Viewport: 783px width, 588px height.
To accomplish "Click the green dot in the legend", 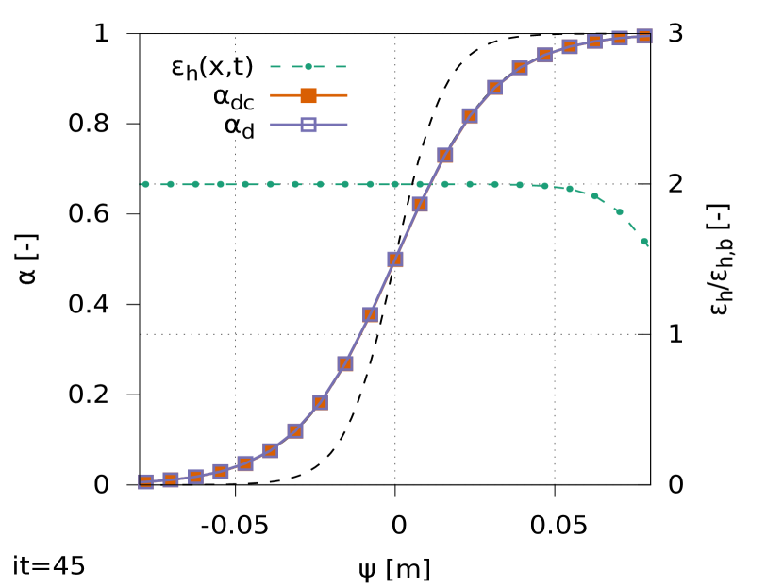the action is point(308,67).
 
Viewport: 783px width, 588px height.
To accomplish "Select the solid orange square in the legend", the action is point(308,95).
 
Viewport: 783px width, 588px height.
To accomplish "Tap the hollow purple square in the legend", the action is point(308,125).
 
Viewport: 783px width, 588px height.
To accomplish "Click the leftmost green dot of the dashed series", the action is point(145,184).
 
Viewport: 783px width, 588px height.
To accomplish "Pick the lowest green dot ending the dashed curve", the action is point(644,242).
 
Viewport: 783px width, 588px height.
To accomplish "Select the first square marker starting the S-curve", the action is point(145,481).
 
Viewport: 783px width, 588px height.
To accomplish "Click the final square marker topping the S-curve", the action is point(644,37).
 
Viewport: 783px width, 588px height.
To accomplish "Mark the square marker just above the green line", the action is point(445,155).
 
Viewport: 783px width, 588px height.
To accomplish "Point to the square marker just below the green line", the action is point(420,204).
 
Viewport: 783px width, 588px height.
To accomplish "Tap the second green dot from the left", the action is point(171,184).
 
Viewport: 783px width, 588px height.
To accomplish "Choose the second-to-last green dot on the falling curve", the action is point(620,212).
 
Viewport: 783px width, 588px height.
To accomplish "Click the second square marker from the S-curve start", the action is point(171,479).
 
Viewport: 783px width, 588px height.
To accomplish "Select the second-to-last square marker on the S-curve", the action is point(620,39).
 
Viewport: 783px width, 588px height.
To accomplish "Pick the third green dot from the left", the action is point(195,184).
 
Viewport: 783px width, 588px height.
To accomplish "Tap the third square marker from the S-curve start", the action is point(195,477).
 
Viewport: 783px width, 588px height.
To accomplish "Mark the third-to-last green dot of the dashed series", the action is point(594,196).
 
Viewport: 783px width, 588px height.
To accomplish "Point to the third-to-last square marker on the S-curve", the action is point(594,42).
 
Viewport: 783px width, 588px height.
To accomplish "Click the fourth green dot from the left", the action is point(221,184).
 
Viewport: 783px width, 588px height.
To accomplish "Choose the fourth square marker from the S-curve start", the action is point(221,471).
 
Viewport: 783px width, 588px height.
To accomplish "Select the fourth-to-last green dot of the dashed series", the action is point(570,189).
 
